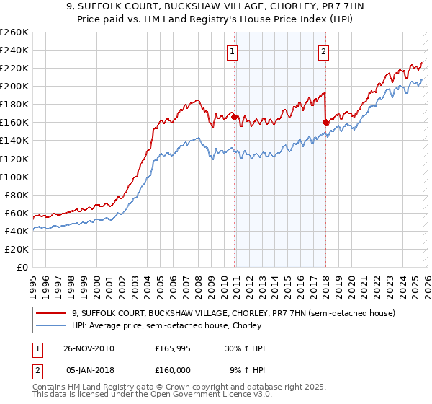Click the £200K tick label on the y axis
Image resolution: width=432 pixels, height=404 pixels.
14,86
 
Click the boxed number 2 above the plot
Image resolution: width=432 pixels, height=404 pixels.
324,51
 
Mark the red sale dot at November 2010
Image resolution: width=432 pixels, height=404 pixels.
235,117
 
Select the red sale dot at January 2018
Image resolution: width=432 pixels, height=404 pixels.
325,122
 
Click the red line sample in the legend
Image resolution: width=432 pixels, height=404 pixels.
53,314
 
